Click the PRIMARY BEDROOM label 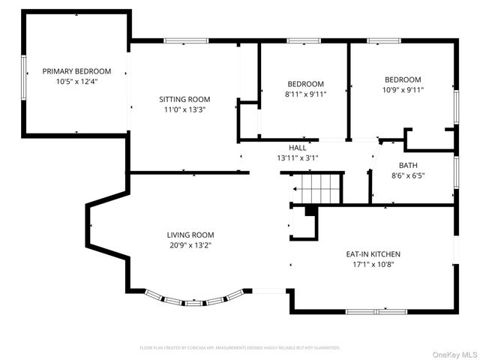click(76, 71)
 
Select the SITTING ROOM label click(184, 99)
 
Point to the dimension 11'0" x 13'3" click(184, 109)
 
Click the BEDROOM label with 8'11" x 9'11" click(306, 83)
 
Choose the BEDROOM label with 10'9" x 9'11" click(403, 79)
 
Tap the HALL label click(298, 148)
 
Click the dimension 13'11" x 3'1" click(298, 157)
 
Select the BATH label click(408, 165)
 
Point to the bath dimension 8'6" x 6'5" click(408, 175)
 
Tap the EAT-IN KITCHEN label click(373, 254)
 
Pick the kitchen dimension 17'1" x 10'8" click(373, 264)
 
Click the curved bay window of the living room click(195, 301)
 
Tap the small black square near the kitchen click(310, 211)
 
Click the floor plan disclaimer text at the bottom click(240, 348)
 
